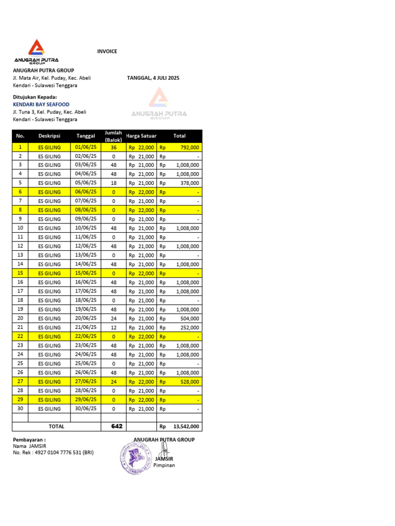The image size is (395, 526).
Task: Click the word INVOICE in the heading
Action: pyautogui.click(x=107, y=51)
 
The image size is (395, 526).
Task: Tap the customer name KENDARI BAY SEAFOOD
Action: pyautogui.click(x=41, y=104)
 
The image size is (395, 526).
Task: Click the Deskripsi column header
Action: pyautogui.click(x=49, y=136)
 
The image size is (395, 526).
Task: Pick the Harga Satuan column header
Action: pyautogui.click(x=141, y=136)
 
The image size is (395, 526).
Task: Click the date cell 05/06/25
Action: pyautogui.click(x=86, y=183)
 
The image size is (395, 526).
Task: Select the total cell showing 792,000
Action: pyautogui.click(x=187, y=147)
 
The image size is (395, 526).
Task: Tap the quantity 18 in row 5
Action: pyautogui.click(x=114, y=183)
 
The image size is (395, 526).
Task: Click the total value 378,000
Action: pyautogui.click(x=189, y=183)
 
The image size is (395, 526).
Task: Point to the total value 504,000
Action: pyautogui.click(x=189, y=318)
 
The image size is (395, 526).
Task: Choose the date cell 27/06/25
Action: pyautogui.click(x=86, y=382)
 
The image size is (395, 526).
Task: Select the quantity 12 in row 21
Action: pyautogui.click(x=114, y=327)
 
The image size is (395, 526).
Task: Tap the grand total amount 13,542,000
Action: pyautogui.click(x=186, y=426)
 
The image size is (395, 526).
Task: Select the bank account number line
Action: pyautogui.click(x=53, y=453)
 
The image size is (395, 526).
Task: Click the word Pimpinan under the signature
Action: pyautogui.click(x=164, y=465)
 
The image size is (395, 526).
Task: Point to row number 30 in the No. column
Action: pyautogui.click(x=21, y=409)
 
